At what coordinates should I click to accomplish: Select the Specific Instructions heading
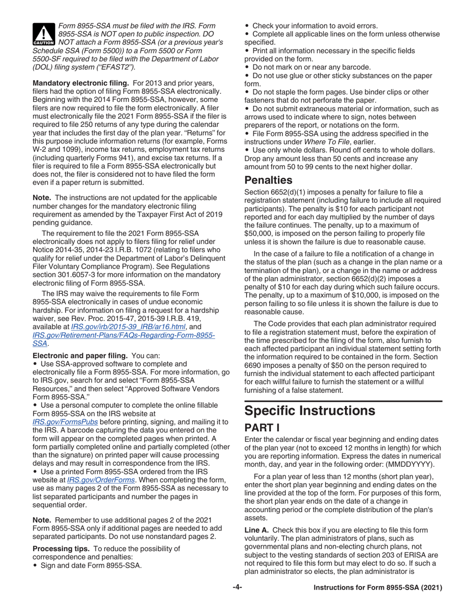[x=309, y=411]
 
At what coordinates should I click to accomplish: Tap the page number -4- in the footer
[x=237, y=601]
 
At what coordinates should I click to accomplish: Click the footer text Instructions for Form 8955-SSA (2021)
[x=377, y=601]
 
